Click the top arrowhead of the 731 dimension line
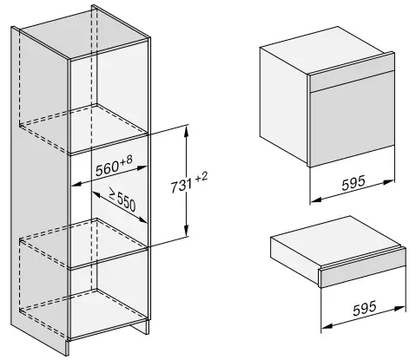tap(187, 128)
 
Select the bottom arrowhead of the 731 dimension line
tap(187, 235)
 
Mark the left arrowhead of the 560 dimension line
tap(70, 183)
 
